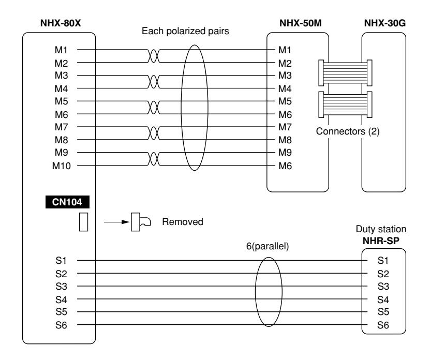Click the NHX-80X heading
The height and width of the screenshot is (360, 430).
coord(61,23)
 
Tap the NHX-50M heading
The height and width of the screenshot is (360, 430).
coord(300,23)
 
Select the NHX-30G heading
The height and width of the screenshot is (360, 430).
coord(385,23)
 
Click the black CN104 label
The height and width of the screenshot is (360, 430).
coord(67,202)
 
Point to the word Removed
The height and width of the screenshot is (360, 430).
coord(183,221)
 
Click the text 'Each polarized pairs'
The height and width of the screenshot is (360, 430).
coord(185,31)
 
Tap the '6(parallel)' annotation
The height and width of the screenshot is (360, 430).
coord(268,246)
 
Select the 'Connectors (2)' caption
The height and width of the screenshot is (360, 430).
coord(348,131)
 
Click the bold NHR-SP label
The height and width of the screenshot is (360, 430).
coord(381,241)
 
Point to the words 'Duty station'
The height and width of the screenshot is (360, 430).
coord(381,229)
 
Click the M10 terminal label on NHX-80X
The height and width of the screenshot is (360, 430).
coord(62,166)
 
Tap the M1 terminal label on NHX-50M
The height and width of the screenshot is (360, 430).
coord(285,50)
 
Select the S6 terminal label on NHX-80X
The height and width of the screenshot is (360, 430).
coord(61,325)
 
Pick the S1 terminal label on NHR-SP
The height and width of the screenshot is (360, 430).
coord(383,261)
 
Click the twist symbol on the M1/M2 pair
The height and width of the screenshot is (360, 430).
coord(154,56)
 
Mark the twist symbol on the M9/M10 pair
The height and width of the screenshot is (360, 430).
coord(154,159)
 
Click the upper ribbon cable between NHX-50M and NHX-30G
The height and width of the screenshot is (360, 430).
coord(345,73)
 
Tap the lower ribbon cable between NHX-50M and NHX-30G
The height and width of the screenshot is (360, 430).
coord(345,104)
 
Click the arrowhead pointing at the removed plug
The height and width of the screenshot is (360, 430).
coord(126,222)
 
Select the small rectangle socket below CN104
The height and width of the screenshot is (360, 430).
coord(84,222)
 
